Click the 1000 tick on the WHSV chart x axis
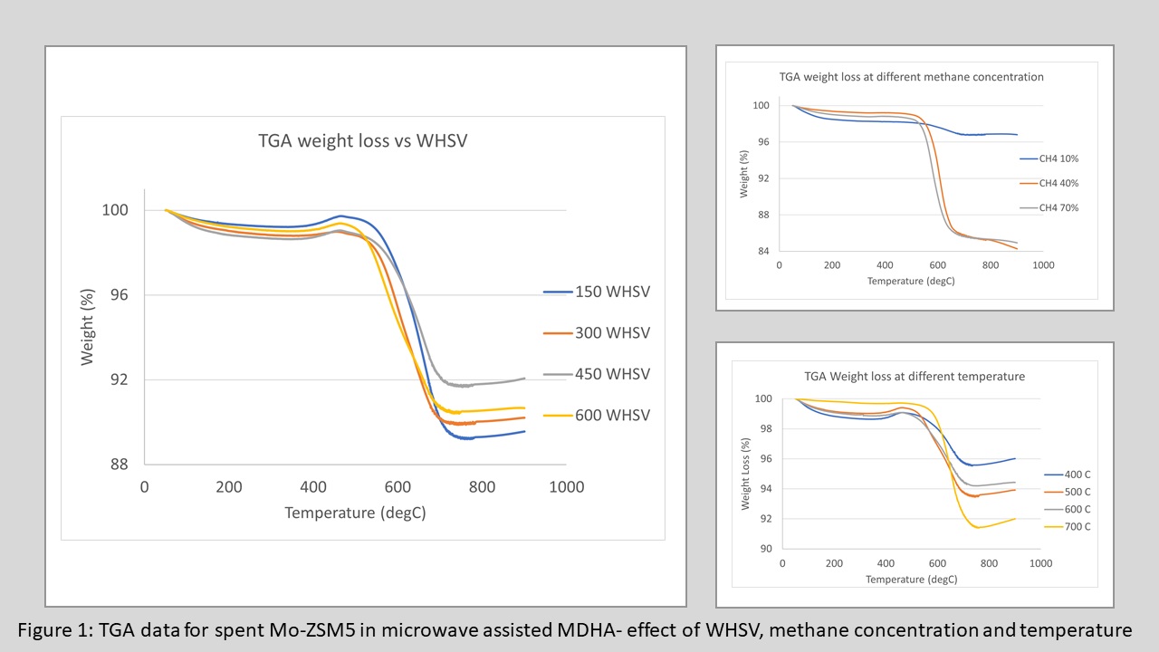(566, 487)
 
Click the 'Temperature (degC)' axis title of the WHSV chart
(355, 513)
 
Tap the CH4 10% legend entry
(1062, 158)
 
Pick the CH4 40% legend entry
(1062, 183)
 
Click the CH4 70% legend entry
(1062, 207)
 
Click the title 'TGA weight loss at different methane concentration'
(912, 77)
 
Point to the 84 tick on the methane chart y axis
(762, 252)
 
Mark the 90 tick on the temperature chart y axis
(766, 549)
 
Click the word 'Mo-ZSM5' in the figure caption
(306, 630)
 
